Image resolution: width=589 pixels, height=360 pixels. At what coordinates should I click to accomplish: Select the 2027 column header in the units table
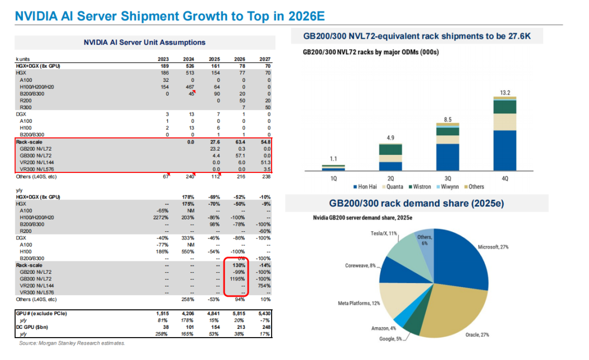pyautogui.click(x=265, y=59)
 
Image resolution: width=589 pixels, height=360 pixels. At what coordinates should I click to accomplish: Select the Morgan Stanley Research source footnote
pyautogui.click(x=71, y=343)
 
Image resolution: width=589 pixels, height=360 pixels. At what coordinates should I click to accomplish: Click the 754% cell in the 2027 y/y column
pyautogui.click(x=265, y=285)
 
